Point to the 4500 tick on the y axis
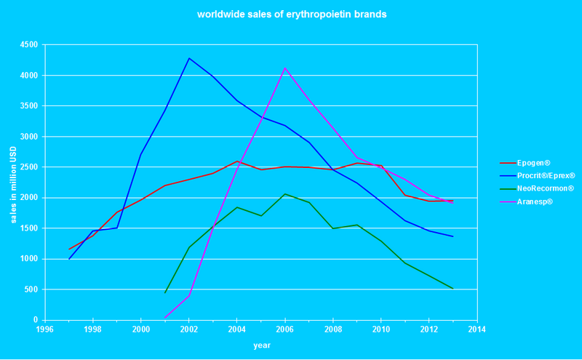pyautogui.click(x=29, y=45)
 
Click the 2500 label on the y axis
pyautogui.click(x=29, y=167)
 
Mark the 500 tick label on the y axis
pyautogui.click(x=31, y=289)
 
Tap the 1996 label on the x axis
pyautogui.click(x=45, y=329)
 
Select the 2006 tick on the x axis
pyautogui.click(x=284, y=329)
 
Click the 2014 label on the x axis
pyautogui.click(x=476, y=329)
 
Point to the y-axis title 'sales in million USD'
pyautogui.click(x=13, y=182)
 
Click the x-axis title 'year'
pyautogui.click(x=261, y=345)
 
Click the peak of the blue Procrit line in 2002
pyautogui.click(x=189, y=58)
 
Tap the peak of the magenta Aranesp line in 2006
pyautogui.click(x=284, y=68)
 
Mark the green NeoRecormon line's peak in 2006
pyautogui.click(x=284, y=193)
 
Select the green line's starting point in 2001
pyautogui.click(x=165, y=292)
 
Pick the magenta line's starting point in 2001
pyautogui.click(x=165, y=318)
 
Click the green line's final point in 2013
pyautogui.click(x=453, y=289)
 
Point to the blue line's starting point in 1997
pyautogui.click(x=69, y=259)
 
